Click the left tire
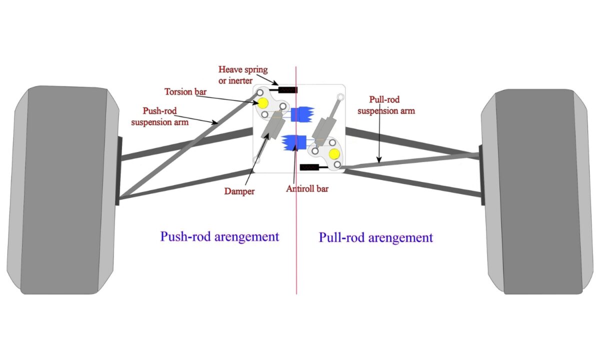[62, 190]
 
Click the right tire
[537, 192]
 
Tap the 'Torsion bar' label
[185, 92]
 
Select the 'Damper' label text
[239, 191]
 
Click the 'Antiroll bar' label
[307, 189]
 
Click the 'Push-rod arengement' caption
[219, 236]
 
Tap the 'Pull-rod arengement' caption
[375, 237]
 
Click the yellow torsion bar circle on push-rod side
[263, 103]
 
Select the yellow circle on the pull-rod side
[334, 154]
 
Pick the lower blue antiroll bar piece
[294, 142]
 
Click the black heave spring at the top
[287, 90]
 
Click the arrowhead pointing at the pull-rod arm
[379, 162]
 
